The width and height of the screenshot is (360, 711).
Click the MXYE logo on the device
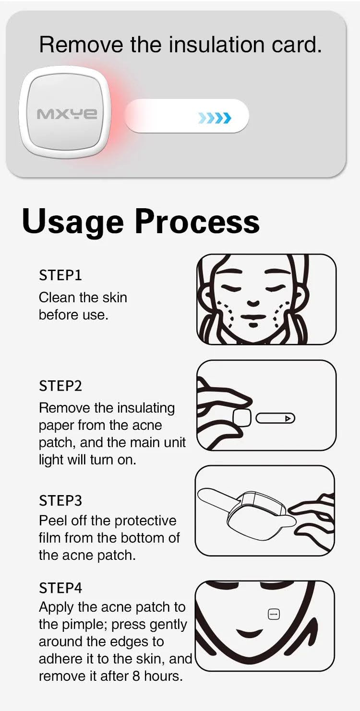click(67, 114)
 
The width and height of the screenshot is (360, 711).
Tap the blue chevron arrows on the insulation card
click(215, 118)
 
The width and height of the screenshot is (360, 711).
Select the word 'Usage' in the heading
click(72, 222)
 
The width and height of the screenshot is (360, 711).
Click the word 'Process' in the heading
click(197, 221)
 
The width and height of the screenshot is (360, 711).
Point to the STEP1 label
click(60, 275)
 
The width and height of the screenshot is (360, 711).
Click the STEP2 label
click(60, 386)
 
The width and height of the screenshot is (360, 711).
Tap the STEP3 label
click(60, 500)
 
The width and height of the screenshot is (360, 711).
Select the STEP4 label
click(60, 588)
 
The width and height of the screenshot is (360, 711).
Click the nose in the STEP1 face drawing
click(253, 303)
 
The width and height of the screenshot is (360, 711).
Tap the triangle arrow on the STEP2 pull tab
click(288, 419)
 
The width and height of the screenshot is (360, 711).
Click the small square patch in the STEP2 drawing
click(242, 418)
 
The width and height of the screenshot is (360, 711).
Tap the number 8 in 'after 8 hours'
click(136, 676)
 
